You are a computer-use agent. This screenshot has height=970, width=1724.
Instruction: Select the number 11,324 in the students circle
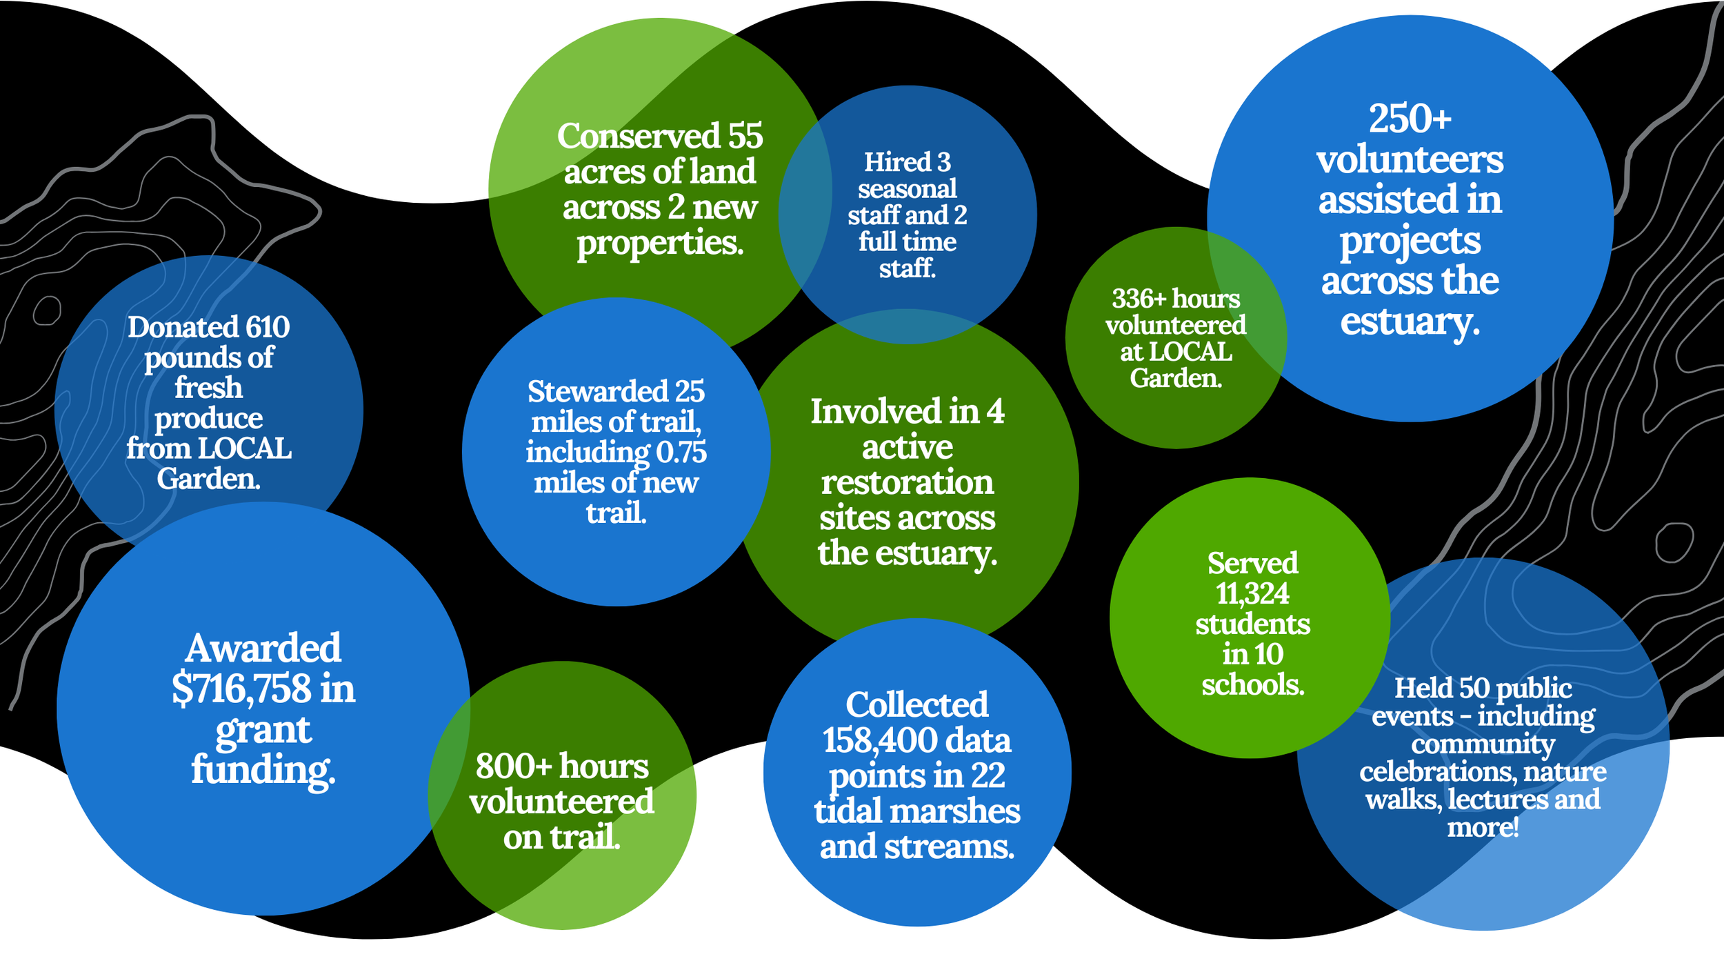pyautogui.click(x=1252, y=593)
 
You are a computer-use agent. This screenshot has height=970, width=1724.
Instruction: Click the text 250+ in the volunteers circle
pyautogui.click(x=1410, y=119)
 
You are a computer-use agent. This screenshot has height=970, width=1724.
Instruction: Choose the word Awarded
pyautogui.click(x=263, y=649)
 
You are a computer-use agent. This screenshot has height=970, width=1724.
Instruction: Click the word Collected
pyautogui.click(x=916, y=705)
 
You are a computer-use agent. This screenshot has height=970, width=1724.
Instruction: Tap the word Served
pyautogui.click(x=1252, y=564)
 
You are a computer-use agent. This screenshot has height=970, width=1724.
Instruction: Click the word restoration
pyautogui.click(x=907, y=482)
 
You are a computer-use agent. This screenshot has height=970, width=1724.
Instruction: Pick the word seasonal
pyautogui.click(x=907, y=189)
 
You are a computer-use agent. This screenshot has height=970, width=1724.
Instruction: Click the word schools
pyautogui.click(x=1252, y=685)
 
